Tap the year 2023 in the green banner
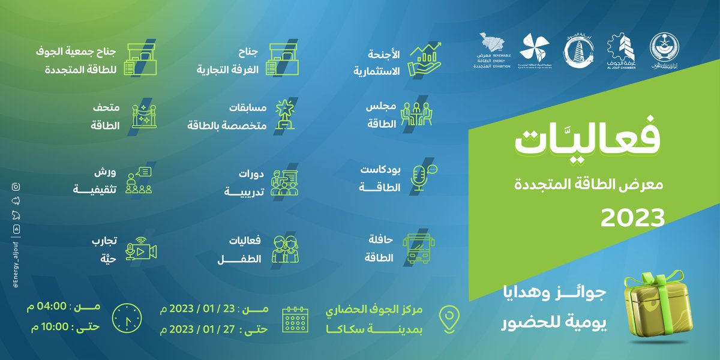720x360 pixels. [x=633, y=218]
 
